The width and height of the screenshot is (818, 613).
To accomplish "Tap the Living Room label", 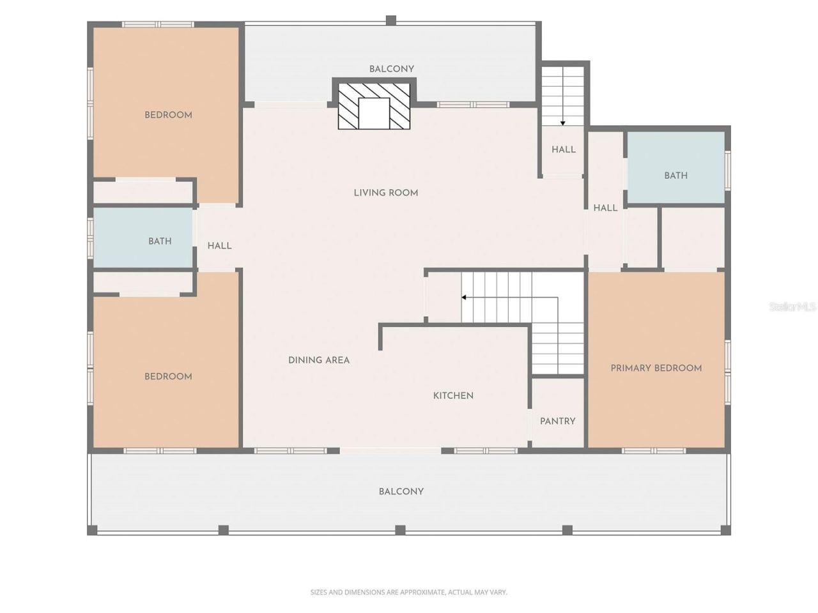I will point(386,192).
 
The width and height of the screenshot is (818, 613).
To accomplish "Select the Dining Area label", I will point(319,360).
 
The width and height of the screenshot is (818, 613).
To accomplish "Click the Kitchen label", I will point(453,396).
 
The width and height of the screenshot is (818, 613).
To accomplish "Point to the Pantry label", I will point(557,421).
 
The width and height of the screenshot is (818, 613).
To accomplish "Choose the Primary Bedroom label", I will point(656,368).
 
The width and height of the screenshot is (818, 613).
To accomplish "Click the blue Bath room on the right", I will point(675,168).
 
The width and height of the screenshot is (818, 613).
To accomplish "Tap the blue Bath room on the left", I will point(144,238).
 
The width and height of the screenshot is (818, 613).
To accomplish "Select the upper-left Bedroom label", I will point(168,115).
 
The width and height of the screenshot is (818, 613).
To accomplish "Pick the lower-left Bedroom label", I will point(168,377).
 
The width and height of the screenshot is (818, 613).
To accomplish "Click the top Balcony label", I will point(391,69).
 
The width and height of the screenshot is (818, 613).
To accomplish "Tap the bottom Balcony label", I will point(401,492).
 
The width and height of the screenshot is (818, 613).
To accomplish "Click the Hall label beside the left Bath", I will point(219,246).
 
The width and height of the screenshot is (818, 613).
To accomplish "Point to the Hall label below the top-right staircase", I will point(563,149).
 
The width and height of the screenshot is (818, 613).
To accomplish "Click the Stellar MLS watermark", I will point(792,307).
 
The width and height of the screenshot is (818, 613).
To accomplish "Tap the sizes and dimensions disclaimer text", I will point(408,593).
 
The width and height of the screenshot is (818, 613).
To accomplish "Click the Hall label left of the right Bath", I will point(605,208).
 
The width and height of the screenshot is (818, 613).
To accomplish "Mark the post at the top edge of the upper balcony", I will point(391,20).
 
